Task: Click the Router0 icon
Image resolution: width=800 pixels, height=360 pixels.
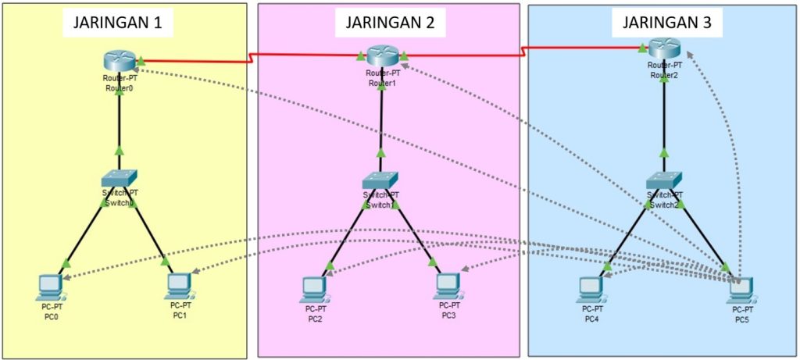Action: coord(120,59)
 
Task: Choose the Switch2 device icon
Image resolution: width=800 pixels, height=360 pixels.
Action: coord(664,180)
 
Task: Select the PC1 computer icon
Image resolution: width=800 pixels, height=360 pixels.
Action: coord(179,286)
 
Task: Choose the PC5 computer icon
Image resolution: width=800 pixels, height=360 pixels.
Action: coord(737,290)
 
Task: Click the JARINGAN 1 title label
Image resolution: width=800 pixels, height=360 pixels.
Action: coord(117,23)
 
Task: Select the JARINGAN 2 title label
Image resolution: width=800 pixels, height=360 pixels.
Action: coord(390,23)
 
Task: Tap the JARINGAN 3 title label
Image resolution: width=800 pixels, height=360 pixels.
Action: coord(666,23)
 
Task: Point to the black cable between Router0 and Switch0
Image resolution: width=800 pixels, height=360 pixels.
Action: coord(120,117)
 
